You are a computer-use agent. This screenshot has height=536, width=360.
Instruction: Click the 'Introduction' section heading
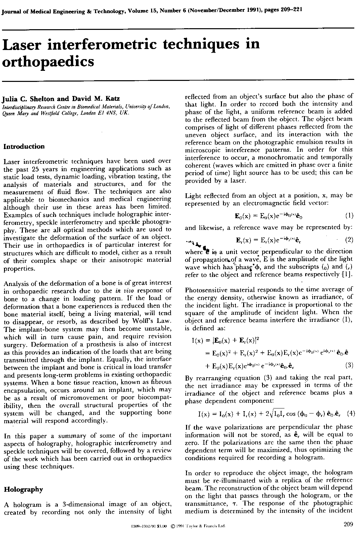[x=24, y=147]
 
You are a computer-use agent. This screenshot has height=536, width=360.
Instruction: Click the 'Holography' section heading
[x=23, y=490]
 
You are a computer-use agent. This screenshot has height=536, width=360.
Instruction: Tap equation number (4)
[x=351, y=413]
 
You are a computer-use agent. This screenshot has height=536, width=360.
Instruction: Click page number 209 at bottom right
[x=348, y=525]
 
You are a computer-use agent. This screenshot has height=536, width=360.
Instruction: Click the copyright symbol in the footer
[x=173, y=526]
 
